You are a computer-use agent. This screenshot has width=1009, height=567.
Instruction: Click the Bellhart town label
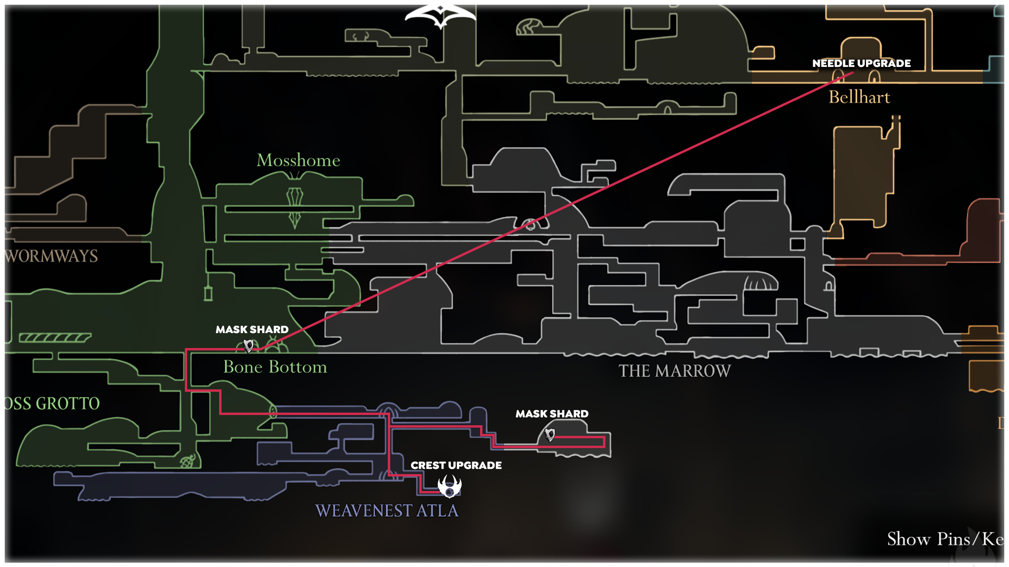tap(859, 97)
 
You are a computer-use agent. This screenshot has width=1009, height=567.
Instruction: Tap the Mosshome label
tap(298, 160)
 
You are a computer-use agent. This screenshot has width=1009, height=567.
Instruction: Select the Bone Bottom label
tap(275, 367)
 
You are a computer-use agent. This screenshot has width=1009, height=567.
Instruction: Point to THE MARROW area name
tap(674, 371)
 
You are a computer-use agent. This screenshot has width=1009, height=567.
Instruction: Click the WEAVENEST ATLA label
tap(387, 511)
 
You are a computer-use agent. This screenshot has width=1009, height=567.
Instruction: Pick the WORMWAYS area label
tap(51, 256)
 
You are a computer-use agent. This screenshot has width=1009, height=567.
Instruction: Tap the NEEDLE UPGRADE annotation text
tap(861, 63)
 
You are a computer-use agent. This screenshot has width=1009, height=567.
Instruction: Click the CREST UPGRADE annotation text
tap(456, 465)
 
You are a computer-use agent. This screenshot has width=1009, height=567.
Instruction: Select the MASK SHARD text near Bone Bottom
tap(252, 330)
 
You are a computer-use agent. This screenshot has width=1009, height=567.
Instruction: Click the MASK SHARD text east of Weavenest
tap(552, 414)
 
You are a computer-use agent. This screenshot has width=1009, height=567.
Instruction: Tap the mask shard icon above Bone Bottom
tap(248, 346)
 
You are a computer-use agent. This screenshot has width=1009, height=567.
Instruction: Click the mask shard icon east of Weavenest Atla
tap(550, 434)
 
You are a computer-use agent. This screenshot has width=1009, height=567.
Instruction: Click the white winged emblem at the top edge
tap(440, 16)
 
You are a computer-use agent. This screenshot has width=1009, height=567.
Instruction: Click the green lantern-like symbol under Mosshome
tap(294, 207)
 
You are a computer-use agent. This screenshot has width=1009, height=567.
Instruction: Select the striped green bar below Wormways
tap(55, 338)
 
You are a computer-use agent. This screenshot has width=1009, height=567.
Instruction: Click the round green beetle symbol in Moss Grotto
tap(188, 461)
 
